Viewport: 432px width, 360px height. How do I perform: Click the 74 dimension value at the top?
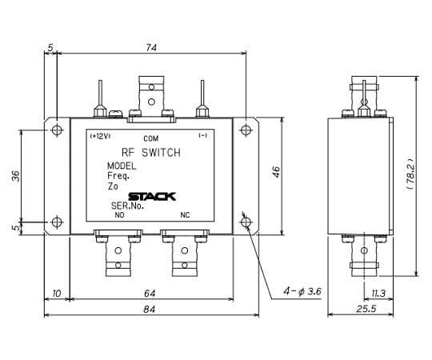(x=151, y=48)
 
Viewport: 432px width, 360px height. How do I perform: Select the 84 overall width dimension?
(x=150, y=310)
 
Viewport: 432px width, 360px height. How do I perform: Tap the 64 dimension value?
(x=150, y=294)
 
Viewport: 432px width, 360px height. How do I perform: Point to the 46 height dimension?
(x=276, y=172)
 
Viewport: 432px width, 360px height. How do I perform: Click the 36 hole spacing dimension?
(x=16, y=176)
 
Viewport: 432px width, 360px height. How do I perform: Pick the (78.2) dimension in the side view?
(x=410, y=174)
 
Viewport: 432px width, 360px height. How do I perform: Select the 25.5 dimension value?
(x=366, y=309)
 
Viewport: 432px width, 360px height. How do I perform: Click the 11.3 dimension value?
(x=378, y=294)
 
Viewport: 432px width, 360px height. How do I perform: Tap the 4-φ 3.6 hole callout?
(x=302, y=291)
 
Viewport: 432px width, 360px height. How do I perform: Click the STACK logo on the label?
(x=152, y=197)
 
